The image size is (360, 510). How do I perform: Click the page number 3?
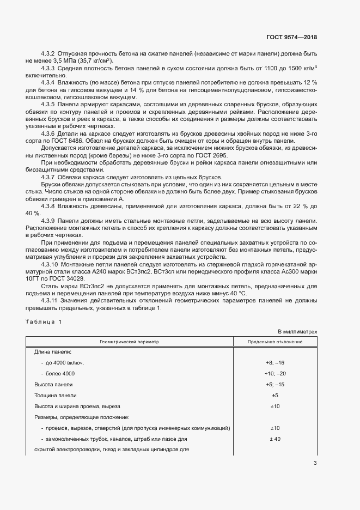click(315, 463)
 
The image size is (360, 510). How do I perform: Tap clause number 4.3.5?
click(48, 103)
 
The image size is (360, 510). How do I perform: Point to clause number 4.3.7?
click(48, 178)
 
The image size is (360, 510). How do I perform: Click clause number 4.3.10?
click(50, 263)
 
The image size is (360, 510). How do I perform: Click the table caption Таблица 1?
click(44, 321)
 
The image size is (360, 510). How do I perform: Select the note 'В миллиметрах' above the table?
click(297, 331)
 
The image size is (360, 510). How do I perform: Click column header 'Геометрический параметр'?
click(128, 342)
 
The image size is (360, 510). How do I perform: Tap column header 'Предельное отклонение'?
click(275, 342)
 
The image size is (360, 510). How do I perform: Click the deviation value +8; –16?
click(275, 362)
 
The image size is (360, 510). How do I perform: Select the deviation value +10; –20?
click(275, 373)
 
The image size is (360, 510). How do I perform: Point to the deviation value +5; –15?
click(275, 384)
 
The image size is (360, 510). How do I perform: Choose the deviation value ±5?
click(275, 395)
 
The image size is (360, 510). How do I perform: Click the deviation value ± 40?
click(275, 439)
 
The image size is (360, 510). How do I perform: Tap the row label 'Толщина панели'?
click(56, 395)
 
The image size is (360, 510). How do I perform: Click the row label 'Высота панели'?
click(53, 384)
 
